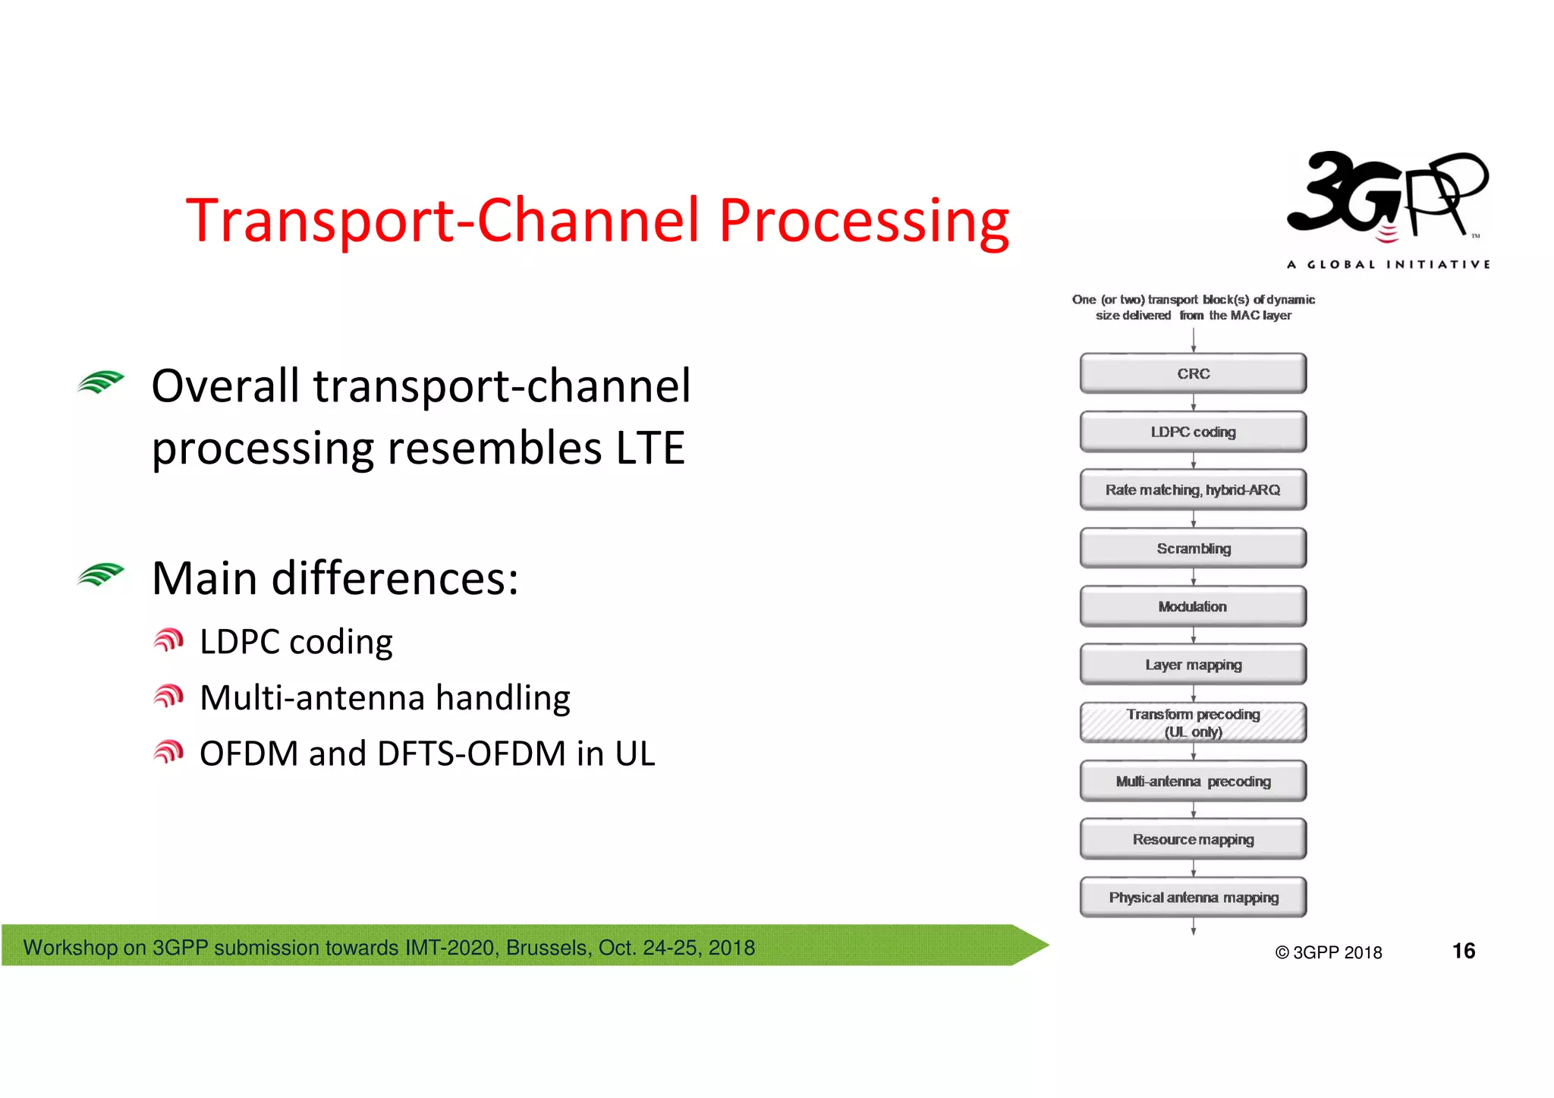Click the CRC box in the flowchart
[1193, 373]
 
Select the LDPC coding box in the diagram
[1193, 432]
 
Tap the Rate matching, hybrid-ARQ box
[1193, 490]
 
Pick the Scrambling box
[1193, 549]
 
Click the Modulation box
[1193, 606]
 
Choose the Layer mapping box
[1193, 665]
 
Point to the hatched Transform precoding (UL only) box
[1193, 722]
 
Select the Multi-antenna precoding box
[1193, 782]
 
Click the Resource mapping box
[1193, 839]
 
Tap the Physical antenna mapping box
[1193, 898]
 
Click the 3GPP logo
[1387, 197]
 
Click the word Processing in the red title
[864, 221]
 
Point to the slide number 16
[1463, 951]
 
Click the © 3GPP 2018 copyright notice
[1329, 952]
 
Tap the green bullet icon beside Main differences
[100, 575]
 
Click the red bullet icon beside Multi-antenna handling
[168, 696]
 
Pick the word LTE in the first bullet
[650, 448]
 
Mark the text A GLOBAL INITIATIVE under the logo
[1388, 265]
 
